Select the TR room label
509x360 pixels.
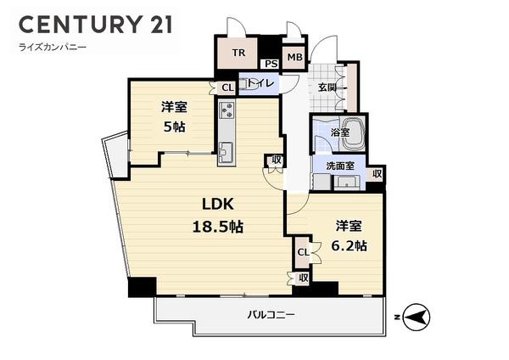[x=240, y=53]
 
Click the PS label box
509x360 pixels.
[x=271, y=64]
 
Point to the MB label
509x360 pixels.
[x=294, y=59]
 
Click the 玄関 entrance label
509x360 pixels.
[x=328, y=87]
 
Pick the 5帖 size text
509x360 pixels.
[x=175, y=127]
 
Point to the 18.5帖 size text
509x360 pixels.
[x=216, y=227]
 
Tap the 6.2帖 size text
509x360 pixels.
[x=350, y=245]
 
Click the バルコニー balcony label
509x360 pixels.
[x=271, y=315]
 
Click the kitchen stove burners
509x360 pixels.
[x=226, y=110]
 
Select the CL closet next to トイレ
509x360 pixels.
[x=227, y=87]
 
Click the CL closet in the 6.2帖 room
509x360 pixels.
[x=303, y=251]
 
